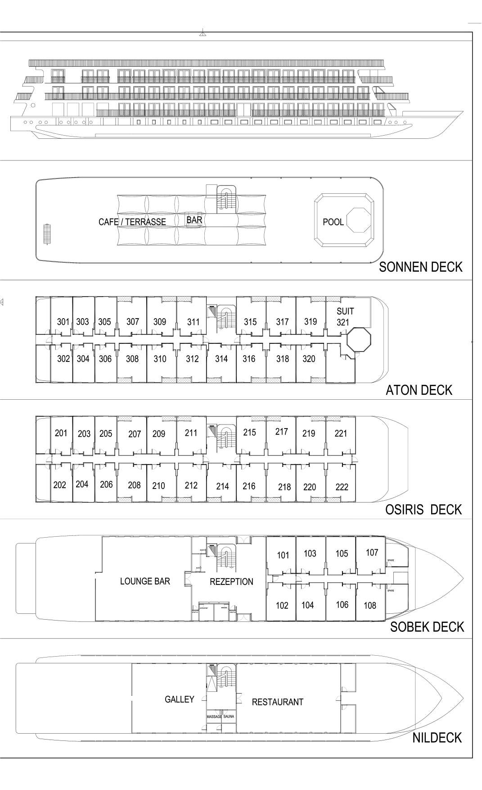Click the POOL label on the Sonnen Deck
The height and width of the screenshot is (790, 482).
tap(333, 222)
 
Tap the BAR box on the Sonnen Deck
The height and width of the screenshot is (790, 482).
tap(194, 220)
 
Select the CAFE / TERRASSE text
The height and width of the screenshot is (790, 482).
tap(132, 222)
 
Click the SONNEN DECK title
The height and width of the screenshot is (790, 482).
tap(420, 267)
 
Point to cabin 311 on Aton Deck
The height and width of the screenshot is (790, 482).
tap(194, 322)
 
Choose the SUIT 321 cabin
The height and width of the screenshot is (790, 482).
tap(345, 316)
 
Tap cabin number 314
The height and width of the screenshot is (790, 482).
tap(221, 359)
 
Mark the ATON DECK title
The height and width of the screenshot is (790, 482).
tap(419, 390)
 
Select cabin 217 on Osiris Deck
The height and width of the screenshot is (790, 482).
tap(282, 432)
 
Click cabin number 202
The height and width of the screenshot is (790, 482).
tap(59, 485)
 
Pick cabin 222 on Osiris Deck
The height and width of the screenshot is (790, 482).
tap(342, 487)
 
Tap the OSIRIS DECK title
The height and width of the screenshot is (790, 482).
tap(423, 509)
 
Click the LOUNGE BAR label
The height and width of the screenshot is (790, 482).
tap(145, 581)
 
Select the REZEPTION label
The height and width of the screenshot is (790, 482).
tap(231, 582)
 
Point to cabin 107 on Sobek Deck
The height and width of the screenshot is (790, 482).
tap(372, 553)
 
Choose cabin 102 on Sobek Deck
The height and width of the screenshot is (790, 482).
tap(282, 605)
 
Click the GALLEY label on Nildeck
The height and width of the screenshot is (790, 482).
tap(179, 699)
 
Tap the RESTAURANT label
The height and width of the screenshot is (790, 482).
tap(277, 702)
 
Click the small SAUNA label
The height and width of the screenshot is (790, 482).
tap(229, 717)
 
